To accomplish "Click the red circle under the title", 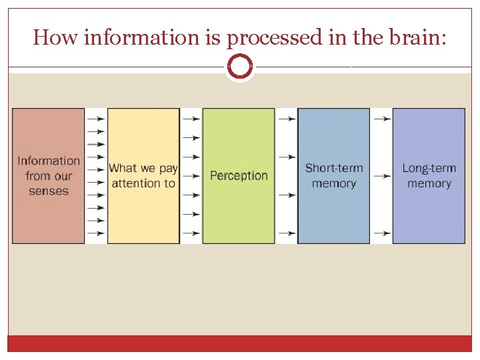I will tap(240, 67).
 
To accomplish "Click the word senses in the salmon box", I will tap(49, 191).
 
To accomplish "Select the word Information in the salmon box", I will tap(49, 161).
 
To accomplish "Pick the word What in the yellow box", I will tap(123, 169).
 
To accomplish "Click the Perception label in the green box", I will tap(239, 176).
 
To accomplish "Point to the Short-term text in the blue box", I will tap(334, 168).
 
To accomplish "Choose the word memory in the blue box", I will tap(334, 183).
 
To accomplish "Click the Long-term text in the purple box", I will tap(429, 168).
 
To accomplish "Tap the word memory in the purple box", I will tap(429, 183).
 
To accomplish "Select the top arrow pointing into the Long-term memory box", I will tap(382, 119).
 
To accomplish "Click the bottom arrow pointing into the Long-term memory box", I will tap(382, 233).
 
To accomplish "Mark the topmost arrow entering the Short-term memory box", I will tap(287, 119).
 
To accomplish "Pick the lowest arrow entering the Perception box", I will tap(191, 233).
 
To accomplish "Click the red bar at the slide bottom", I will tap(240, 343).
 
